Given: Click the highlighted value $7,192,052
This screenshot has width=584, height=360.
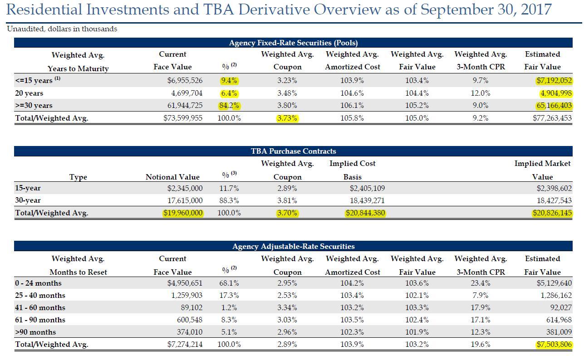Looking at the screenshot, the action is (554, 81).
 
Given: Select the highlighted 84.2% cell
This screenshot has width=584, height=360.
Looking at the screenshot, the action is (229, 106).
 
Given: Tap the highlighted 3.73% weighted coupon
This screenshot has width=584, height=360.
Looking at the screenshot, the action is (287, 118).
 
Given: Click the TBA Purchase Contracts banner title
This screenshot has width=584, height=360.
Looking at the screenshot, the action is (293, 151).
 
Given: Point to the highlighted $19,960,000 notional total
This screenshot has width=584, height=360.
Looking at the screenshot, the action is (183, 213).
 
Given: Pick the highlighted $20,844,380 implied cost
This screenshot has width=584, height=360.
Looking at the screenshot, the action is (365, 213).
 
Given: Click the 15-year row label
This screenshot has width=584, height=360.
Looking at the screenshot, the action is (28, 188).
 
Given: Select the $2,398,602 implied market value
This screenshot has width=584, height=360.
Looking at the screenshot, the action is (554, 188).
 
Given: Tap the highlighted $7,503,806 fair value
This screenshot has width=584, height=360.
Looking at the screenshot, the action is (554, 345).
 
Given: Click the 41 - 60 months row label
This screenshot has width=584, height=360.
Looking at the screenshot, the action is (40, 307).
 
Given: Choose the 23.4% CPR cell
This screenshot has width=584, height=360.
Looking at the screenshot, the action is (481, 283).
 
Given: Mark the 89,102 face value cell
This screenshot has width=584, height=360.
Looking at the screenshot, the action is (191, 307).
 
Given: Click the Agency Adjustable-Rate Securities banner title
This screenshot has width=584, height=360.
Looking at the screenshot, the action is (293, 246).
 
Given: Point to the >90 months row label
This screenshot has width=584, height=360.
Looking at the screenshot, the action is (35, 332).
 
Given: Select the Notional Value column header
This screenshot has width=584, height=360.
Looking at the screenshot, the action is (172, 177).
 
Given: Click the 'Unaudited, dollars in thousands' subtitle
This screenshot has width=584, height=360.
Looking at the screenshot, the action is (62, 29).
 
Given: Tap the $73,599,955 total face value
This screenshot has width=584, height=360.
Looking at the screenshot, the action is (183, 118).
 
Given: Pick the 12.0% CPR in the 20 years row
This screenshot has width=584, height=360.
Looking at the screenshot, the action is (481, 93).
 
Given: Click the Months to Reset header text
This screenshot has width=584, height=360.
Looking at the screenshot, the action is (78, 272).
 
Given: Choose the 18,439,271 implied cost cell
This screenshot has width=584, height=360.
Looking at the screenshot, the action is (367, 200).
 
